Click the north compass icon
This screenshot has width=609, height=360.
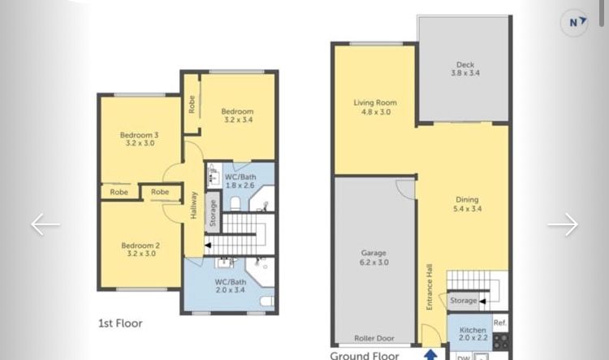(573, 23)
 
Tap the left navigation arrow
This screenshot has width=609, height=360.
(45, 224)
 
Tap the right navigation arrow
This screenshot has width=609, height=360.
(563, 224)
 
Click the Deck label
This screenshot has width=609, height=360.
(465, 64)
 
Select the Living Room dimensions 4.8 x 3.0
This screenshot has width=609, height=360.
(376, 112)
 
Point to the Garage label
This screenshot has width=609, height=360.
(374, 253)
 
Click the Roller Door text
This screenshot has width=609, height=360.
(374, 338)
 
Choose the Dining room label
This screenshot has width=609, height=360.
(467, 199)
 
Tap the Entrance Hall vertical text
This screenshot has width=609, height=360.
(430, 287)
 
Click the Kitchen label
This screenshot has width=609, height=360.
(473, 330)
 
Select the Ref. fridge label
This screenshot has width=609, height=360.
(500, 323)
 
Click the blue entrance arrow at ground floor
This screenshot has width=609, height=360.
(430, 354)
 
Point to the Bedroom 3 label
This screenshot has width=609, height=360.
(139, 135)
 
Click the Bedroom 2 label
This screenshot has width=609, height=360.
(140, 245)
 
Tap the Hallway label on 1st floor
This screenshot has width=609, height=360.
(193, 206)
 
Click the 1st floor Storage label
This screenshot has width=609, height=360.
(213, 213)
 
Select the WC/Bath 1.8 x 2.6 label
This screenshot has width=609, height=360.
(240, 181)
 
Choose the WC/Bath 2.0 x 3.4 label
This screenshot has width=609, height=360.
(231, 286)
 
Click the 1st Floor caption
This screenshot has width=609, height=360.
(120, 323)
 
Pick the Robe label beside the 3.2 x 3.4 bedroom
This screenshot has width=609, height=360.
(192, 105)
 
